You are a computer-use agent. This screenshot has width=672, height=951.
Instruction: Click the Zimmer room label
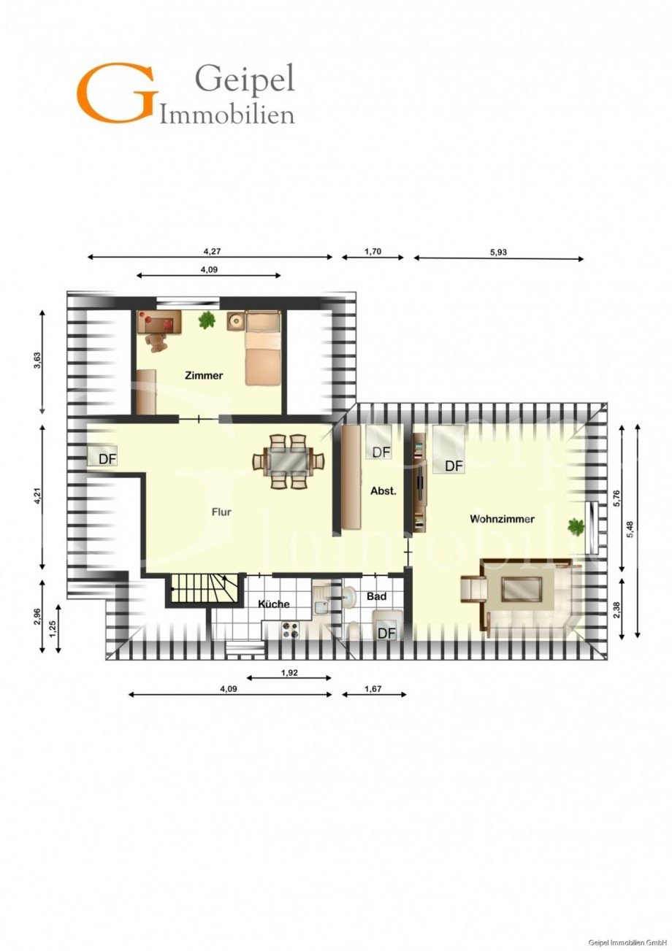(204, 376)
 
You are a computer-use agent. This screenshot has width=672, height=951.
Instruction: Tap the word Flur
(221, 512)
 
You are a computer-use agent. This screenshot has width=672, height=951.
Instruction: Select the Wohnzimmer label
(502, 519)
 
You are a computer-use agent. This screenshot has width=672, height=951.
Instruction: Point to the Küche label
(274, 604)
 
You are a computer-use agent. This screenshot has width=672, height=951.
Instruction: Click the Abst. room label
(383, 491)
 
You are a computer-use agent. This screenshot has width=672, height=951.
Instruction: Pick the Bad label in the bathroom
(376, 596)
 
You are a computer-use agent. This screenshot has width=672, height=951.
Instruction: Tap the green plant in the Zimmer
(207, 319)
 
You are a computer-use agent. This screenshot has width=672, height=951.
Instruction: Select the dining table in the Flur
(289, 461)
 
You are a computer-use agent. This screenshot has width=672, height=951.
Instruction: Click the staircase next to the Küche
(205, 590)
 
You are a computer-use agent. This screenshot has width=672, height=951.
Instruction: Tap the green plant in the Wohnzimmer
(576, 525)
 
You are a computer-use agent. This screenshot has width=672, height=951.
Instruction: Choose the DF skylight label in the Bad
(386, 633)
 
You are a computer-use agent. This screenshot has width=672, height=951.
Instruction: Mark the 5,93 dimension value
(499, 253)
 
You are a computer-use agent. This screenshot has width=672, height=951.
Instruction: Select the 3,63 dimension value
(37, 361)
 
